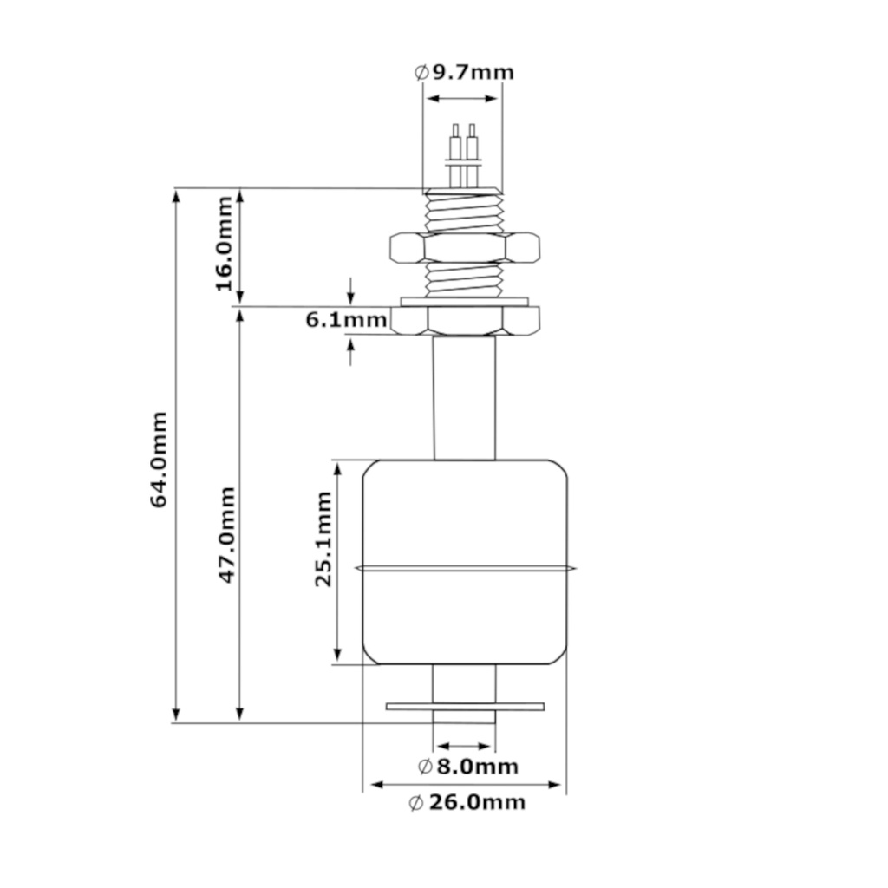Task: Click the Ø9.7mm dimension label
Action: pos(463,71)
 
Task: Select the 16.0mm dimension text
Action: pos(224,244)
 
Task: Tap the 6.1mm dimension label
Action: pos(345,321)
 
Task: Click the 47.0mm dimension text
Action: pos(226,533)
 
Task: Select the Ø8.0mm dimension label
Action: pos(467,767)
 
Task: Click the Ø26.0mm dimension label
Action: pos(467,803)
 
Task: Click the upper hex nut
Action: pos(465,247)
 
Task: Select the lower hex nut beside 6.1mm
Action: pos(465,321)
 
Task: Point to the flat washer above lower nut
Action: pos(465,301)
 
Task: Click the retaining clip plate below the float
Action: pos(465,707)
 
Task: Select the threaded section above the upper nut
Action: pos(465,212)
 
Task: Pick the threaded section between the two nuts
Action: pos(465,279)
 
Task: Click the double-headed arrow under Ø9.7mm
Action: pos(463,98)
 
